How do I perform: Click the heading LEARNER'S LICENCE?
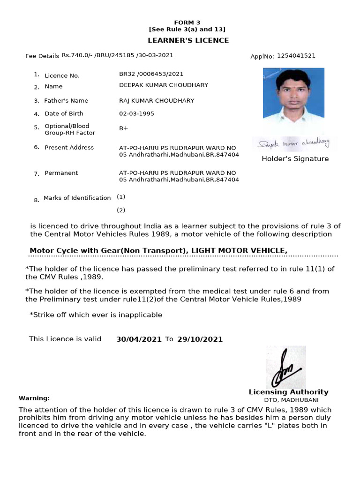click(188, 40)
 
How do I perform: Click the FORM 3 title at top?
click(187, 22)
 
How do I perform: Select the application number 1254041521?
click(296, 56)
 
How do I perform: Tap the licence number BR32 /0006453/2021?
click(151, 74)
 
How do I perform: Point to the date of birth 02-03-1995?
click(136, 113)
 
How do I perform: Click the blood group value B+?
click(124, 128)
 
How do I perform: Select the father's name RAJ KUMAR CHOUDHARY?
click(157, 101)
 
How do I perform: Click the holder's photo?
click(293, 98)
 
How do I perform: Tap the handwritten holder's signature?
click(295, 142)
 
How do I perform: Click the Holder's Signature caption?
click(295, 159)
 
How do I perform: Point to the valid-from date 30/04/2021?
click(139, 339)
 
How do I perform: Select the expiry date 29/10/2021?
click(200, 339)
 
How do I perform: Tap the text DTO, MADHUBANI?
click(291, 400)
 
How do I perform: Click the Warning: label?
click(34, 398)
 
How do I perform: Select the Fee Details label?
click(42, 56)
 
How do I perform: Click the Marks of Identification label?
click(77, 198)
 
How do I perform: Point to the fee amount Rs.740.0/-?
click(77, 55)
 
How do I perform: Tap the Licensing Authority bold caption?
click(288, 392)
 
